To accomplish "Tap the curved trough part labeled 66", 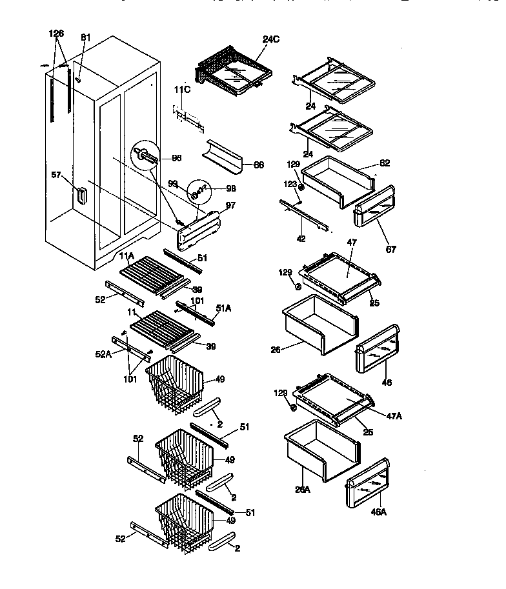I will (x=223, y=157).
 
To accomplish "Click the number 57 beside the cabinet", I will (x=57, y=174).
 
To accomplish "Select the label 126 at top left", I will (x=57, y=33).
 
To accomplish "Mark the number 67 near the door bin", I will (x=391, y=249).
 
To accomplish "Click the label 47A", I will (x=393, y=416).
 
